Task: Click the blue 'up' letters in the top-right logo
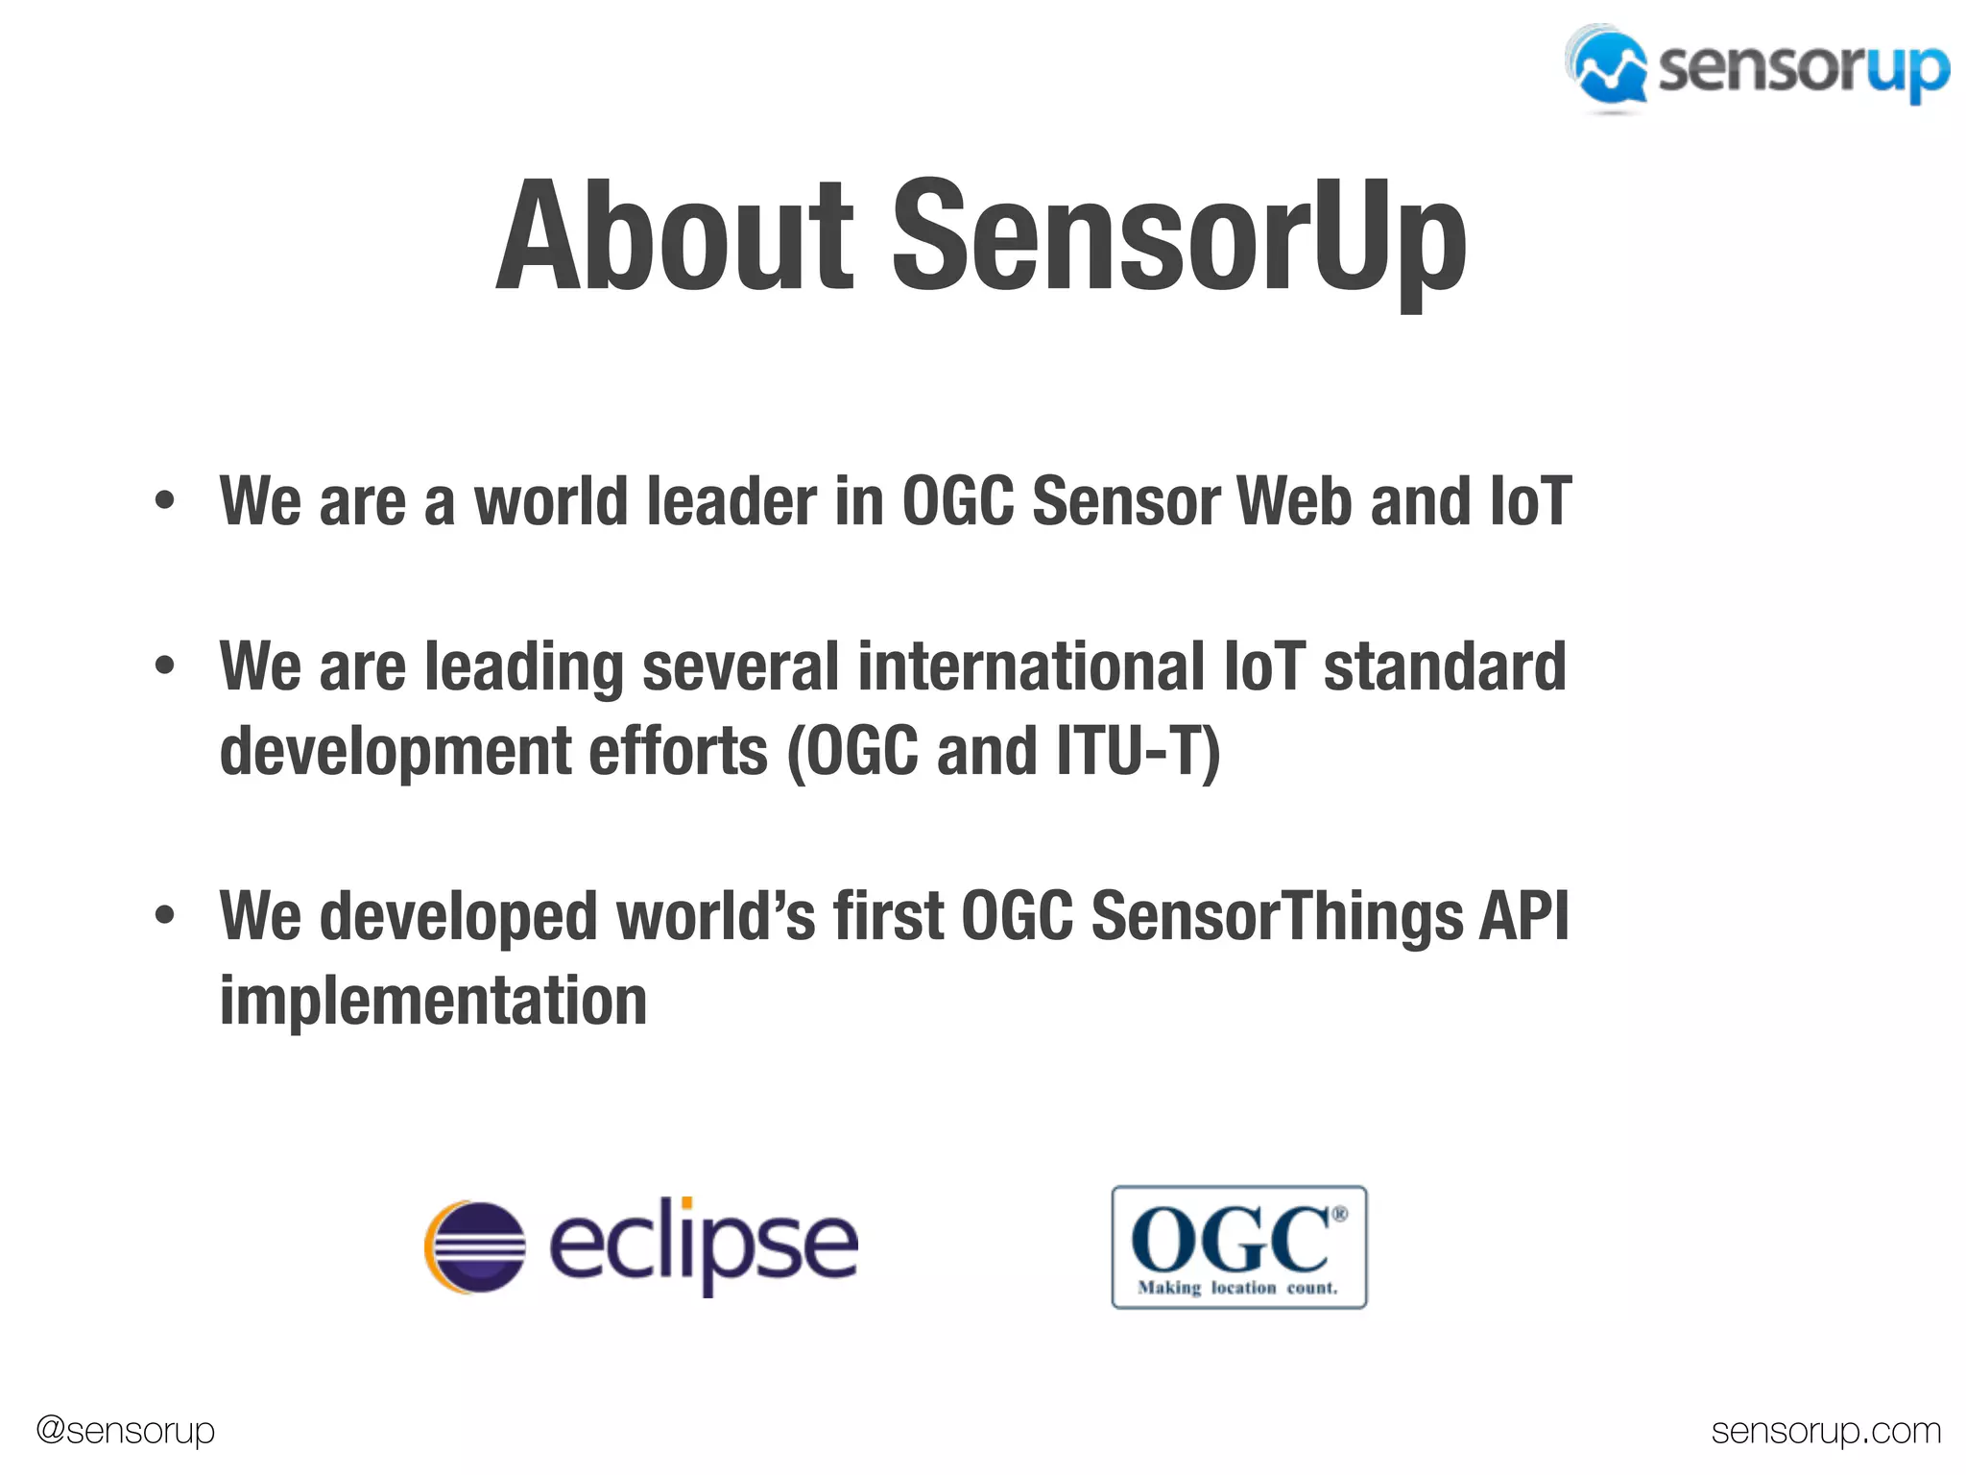[1907, 71]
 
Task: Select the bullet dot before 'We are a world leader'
[165, 501]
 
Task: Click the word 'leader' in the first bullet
[731, 501]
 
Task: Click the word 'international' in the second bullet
[1031, 666]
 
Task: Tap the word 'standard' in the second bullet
[1445, 666]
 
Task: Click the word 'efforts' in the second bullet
[678, 751]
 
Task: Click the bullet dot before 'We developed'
[165, 915]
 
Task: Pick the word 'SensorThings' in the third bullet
[1277, 915]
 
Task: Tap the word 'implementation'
[433, 1001]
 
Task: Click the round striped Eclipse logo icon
[475, 1246]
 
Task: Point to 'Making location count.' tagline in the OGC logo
[1237, 1288]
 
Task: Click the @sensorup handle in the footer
[125, 1430]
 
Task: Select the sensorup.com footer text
[1826, 1431]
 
